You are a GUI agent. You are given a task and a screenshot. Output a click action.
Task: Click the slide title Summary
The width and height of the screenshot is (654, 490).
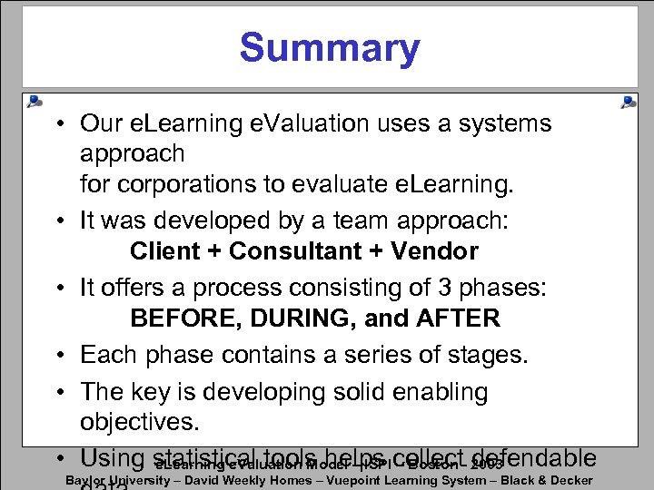point(329,48)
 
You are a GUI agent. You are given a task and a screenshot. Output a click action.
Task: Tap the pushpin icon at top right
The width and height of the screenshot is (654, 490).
point(627,102)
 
